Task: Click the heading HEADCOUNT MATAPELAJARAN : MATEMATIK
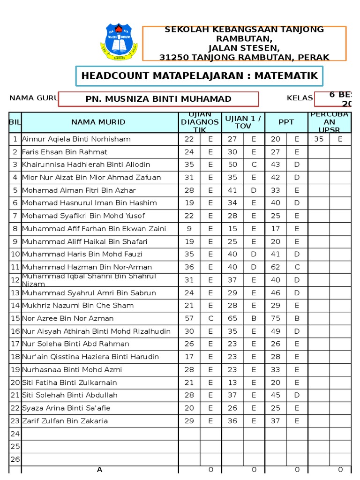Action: pos(199,76)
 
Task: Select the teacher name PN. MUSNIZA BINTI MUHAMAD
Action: pos(158,99)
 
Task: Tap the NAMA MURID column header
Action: pos(98,122)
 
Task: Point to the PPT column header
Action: pos(286,122)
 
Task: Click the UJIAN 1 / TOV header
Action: pos(243,122)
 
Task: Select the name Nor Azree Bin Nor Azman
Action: pos(68,318)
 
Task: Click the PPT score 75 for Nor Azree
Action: pos(276,318)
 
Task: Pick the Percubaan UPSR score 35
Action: pos(319,139)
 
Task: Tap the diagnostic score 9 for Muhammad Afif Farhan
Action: pos(189,229)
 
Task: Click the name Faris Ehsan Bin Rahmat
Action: pos(65,152)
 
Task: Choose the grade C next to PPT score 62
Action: pos(297,267)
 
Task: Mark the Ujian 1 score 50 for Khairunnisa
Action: pos(232,165)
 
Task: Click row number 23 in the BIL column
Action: pos(15,421)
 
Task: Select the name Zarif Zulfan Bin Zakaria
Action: pos(65,421)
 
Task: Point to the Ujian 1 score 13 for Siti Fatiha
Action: pos(232,382)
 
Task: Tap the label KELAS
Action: pos(300,98)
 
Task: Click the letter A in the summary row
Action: pos(99,470)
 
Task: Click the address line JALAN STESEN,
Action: pos(244,48)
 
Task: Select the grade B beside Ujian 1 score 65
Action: pos(254,318)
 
